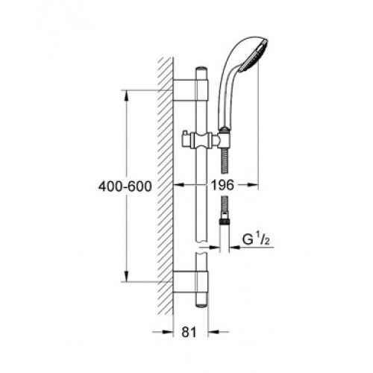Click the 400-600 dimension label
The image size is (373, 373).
click(x=125, y=186)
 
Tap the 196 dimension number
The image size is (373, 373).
click(x=222, y=185)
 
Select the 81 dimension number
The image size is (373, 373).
click(x=189, y=332)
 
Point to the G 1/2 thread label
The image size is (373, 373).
click(x=256, y=239)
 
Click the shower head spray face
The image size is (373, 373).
click(x=253, y=56)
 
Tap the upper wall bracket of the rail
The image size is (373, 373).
click(x=190, y=90)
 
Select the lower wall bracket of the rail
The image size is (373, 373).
click(x=190, y=282)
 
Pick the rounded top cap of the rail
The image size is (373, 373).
click(x=201, y=70)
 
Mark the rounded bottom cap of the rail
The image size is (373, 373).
click(x=201, y=304)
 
